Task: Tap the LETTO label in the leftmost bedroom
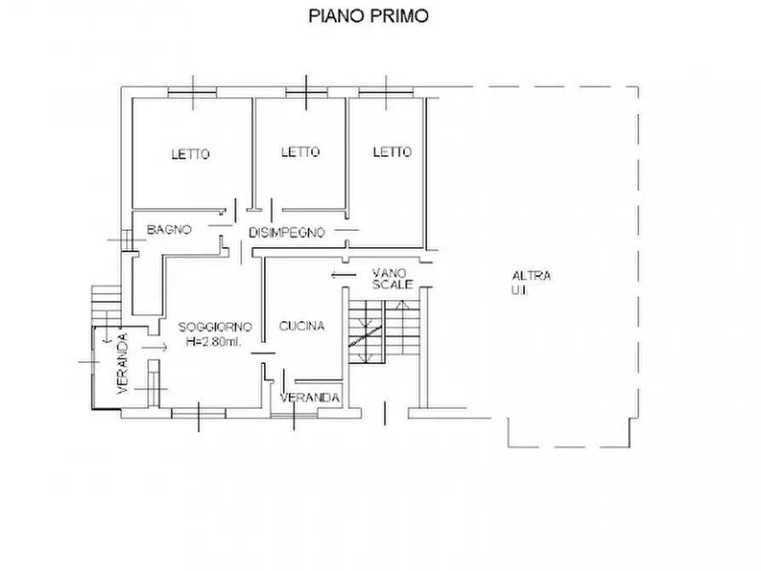tap(190, 154)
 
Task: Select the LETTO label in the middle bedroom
tap(300, 152)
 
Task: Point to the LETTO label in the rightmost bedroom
tap(392, 152)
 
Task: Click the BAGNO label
tap(169, 229)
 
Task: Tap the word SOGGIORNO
tap(214, 326)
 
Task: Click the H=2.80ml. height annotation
tap(214, 342)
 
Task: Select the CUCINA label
tap(302, 326)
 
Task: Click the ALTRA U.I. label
tap(531, 282)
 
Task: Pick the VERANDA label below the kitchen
tap(311, 398)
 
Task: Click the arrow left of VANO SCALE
tap(343, 274)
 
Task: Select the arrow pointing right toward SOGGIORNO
tap(155, 348)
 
